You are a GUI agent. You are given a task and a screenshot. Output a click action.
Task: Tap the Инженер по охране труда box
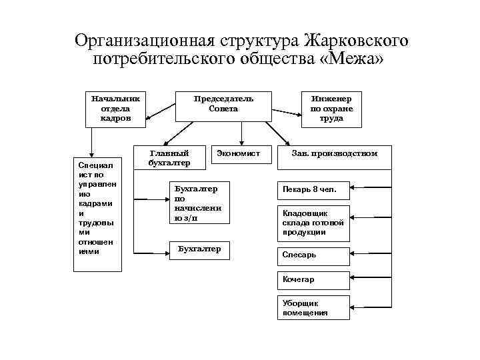pos(331,108)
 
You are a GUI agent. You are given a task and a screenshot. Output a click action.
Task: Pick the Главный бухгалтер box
pos(169,157)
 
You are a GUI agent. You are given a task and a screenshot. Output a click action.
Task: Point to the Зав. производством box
pos(335,154)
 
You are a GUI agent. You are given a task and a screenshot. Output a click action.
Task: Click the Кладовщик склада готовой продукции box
pos(313,223)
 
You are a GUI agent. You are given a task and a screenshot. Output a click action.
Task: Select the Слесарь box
pos(313,255)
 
